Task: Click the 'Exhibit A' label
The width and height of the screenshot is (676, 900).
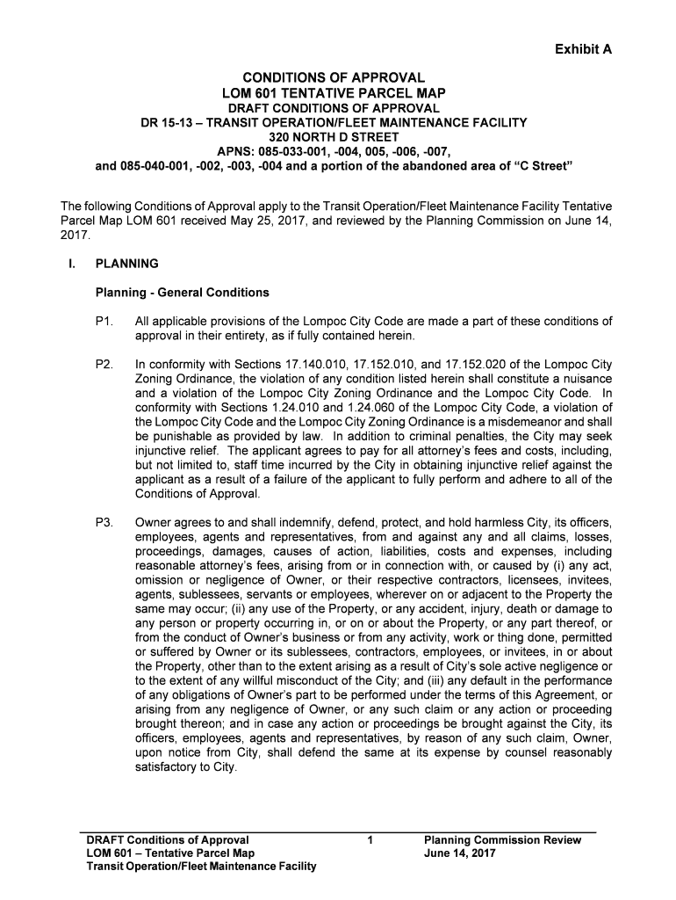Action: pyautogui.click(x=582, y=49)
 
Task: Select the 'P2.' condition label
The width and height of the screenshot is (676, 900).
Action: pyautogui.click(x=105, y=364)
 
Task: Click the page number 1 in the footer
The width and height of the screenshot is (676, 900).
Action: pyautogui.click(x=371, y=840)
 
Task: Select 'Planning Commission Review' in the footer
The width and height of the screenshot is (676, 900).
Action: pyautogui.click(x=502, y=840)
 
